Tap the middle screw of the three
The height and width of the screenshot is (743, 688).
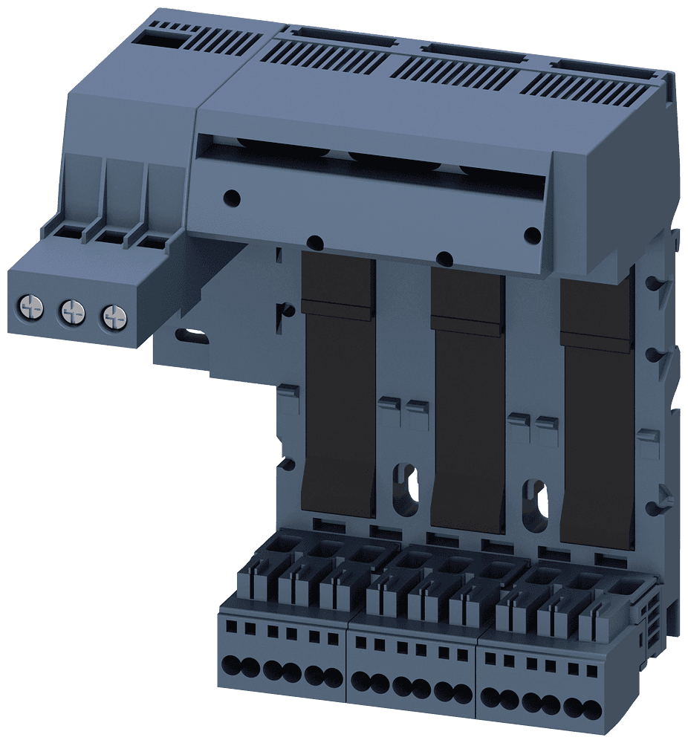pyautogui.click(x=71, y=311)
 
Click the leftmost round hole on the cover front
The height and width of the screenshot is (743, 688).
pyautogui.click(x=233, y=198)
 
